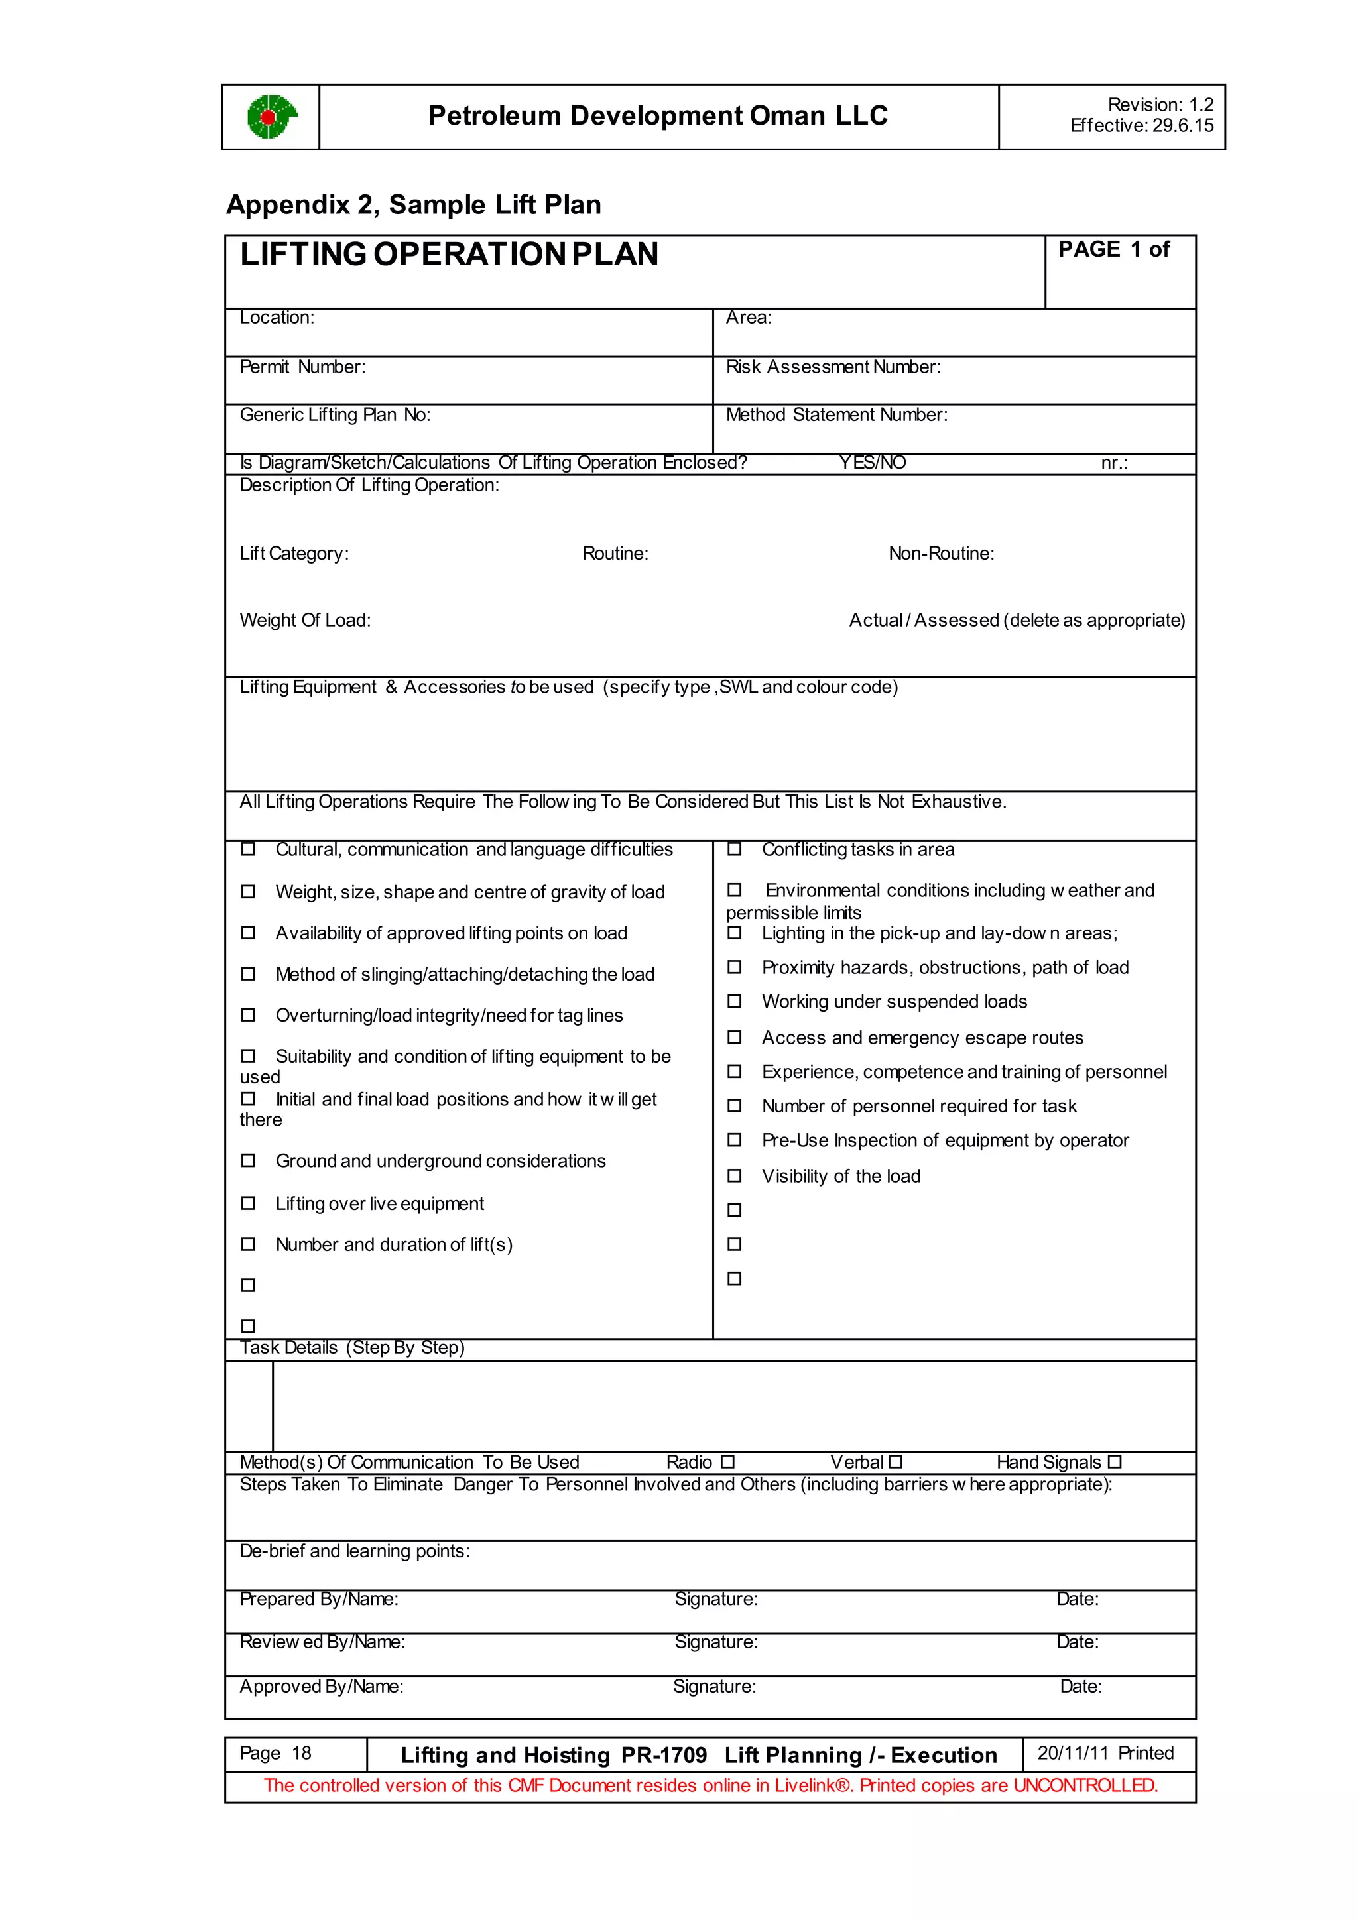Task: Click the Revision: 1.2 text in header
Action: [x=1160, y=105]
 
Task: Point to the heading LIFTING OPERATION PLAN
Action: [x=449, y=254]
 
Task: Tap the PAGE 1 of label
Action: [x=1114, y=249]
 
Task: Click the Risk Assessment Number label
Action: [x=833, y=367]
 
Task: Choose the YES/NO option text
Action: [x=872, y=463]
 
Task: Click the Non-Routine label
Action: [x=941, y=554]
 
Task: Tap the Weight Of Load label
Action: [x=305, y=621]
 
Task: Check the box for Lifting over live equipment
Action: [x=249, y=1203]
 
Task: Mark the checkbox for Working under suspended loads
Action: [x=734, y=1001]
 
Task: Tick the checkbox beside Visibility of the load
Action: [x=734, y=1175]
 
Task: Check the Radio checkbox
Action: [x=727, y=1462]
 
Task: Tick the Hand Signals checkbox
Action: [x=1114, y=1462]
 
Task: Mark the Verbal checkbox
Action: [x=896, y=1462]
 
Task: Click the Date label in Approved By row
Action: [x=1080, y=1687]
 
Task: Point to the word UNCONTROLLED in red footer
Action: [x=1085, y=1786]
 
